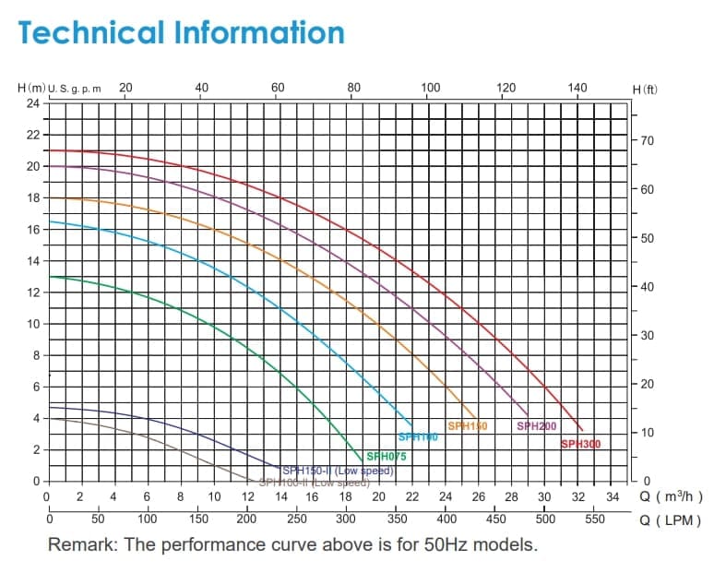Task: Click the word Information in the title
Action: pyautogui.click(x=257, y=32)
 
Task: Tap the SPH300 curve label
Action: pyautogui.click(x=580, y=445)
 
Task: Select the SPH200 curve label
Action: pyautogui.click(x=536, y=426)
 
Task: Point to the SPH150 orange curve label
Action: pyautogui.click(x=467, y=426)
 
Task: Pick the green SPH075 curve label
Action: pyautogui.click(x=386, y=456)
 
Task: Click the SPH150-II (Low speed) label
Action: pyautogui.click(x=339, y=470)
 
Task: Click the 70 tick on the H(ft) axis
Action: pyautogui.click(x=646, y=141)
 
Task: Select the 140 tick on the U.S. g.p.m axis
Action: pyautogui.click(x=577, y=88)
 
